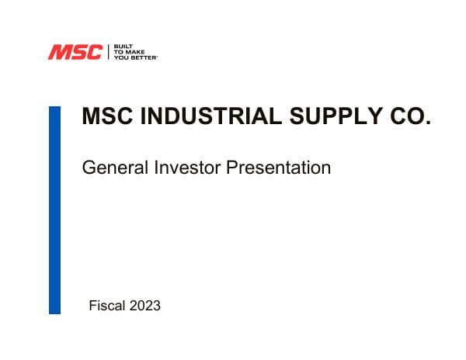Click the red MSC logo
coord(75,53)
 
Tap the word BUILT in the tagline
coord(121,47)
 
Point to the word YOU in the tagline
coord(121,57)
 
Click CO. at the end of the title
coord(410,117)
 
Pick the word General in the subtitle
coord(111,167)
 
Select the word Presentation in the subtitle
coord(278,167)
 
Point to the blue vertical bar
coord(54,209)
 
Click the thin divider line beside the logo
coord(108,52)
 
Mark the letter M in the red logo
coord(59,53)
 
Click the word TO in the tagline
coord(118,52)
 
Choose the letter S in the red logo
coord(77,53)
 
